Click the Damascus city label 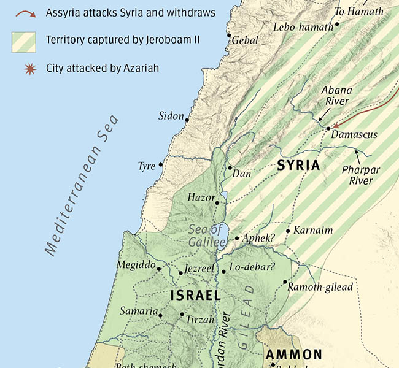click(x=354, y=134)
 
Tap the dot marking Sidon click(x=187, y=120)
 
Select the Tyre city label click(x=147, y=166)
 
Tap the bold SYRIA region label click(x=298, y=166)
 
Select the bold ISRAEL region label click(x=195, y=296)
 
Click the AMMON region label click(x=293, y=355)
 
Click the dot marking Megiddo click(x=159, y=269)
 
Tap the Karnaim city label click(x=312, y=231)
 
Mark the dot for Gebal click(x=229, y=35)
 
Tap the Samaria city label click(x=139, y=311)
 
